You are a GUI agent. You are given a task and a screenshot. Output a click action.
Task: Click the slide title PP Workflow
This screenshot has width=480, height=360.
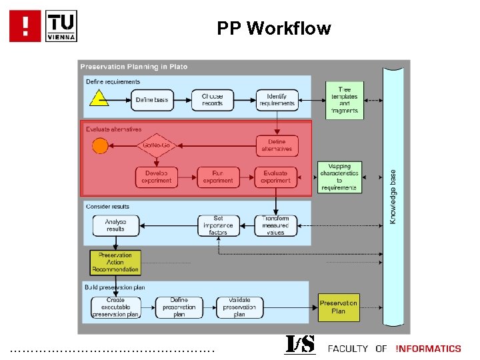(273, 29)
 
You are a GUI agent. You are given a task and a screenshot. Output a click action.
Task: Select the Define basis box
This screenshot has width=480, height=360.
(153, 99)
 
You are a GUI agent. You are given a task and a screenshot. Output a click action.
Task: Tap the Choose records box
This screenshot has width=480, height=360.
(213, 99)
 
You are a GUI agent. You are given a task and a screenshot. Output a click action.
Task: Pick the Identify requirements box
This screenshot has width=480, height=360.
(276, 99)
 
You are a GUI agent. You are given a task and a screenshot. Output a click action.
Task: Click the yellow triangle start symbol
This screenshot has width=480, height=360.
(99, 99)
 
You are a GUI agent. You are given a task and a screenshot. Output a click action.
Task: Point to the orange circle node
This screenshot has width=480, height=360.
(100, 145)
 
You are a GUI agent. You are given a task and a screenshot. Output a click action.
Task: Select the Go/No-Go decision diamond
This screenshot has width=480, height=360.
(155, 145)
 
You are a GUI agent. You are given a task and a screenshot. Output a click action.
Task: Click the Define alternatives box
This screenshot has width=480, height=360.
(277, 145)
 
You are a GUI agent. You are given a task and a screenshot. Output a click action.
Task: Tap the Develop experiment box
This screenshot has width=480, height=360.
(157, 177)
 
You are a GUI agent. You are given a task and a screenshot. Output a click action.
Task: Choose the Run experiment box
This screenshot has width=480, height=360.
(218, 177)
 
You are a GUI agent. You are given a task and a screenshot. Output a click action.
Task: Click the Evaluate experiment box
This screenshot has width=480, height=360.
(276, 177)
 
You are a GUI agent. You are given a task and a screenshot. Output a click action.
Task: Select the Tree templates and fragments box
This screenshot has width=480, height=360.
(345, 100)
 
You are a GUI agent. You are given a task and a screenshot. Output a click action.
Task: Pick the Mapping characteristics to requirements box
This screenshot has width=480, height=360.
(339, 177)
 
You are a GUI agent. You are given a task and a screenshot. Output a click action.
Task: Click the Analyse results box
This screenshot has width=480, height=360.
(115, 225)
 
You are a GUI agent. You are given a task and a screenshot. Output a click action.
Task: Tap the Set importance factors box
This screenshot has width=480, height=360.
(218, 225)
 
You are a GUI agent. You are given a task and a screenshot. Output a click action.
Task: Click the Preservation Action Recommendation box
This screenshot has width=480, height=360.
(116, 263)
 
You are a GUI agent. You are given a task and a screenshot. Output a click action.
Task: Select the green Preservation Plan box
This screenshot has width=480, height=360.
(338, 307)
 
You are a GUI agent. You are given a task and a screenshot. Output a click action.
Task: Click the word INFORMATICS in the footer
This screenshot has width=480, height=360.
(428, 349)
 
